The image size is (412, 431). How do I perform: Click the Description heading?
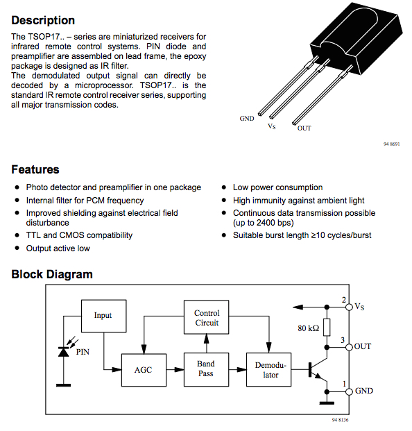pos(43,20)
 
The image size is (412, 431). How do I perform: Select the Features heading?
pos(35,169)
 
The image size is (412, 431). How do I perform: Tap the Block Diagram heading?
pos(52,274)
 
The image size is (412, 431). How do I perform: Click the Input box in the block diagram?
pos(103,316)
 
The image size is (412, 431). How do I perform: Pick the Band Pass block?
pos(205,369)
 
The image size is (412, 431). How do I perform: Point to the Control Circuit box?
pos(206,318)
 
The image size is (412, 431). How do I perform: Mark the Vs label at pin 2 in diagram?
pos(359,307)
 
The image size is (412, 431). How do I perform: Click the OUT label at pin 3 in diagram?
pos(362,346)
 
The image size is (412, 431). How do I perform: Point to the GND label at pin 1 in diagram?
pos(363,391)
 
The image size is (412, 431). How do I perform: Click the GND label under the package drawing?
pos(247,119)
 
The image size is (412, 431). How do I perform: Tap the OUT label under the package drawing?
pos(304,128)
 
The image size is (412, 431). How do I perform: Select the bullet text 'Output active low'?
pos(58,248)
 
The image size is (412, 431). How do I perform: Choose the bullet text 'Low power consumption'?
pos(277,187)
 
